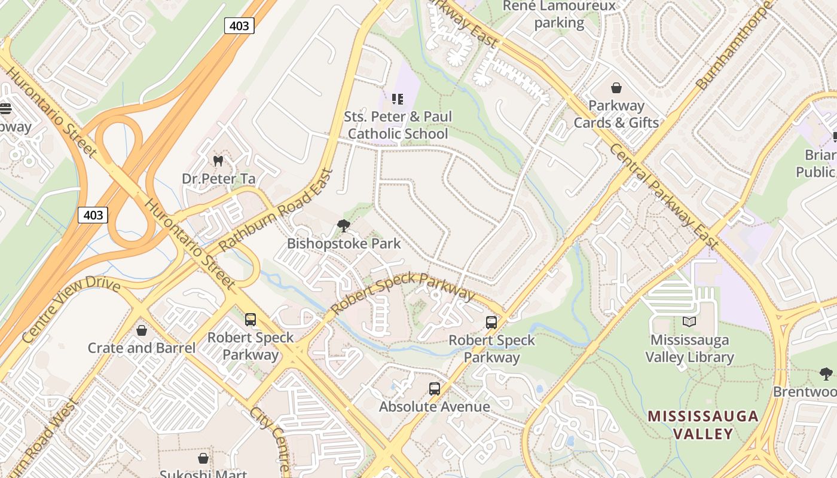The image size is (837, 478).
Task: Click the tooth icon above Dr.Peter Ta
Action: point(218,161)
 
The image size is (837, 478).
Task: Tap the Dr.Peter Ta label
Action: point(218,179)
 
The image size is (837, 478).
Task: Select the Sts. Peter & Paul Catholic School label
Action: point(398,125)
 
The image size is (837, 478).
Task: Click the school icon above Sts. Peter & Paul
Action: point(398,99)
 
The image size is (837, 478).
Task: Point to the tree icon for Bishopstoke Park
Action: point(343,225)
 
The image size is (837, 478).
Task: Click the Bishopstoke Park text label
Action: point(344,244)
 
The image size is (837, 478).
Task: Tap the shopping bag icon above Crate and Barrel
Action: point(142,330)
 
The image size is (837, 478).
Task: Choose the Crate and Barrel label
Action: point(142,348)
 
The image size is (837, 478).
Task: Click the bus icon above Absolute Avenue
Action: point(435,389)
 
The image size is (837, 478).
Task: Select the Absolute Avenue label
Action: point(435,407)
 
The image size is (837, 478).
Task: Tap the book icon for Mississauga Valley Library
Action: point(689,322)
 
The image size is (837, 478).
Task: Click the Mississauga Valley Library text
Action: point(689,349)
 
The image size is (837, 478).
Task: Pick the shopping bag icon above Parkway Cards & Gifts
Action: point(616,88)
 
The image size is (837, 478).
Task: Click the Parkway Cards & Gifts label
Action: point(616,114)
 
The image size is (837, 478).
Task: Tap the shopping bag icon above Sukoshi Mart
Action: point(203,458)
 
